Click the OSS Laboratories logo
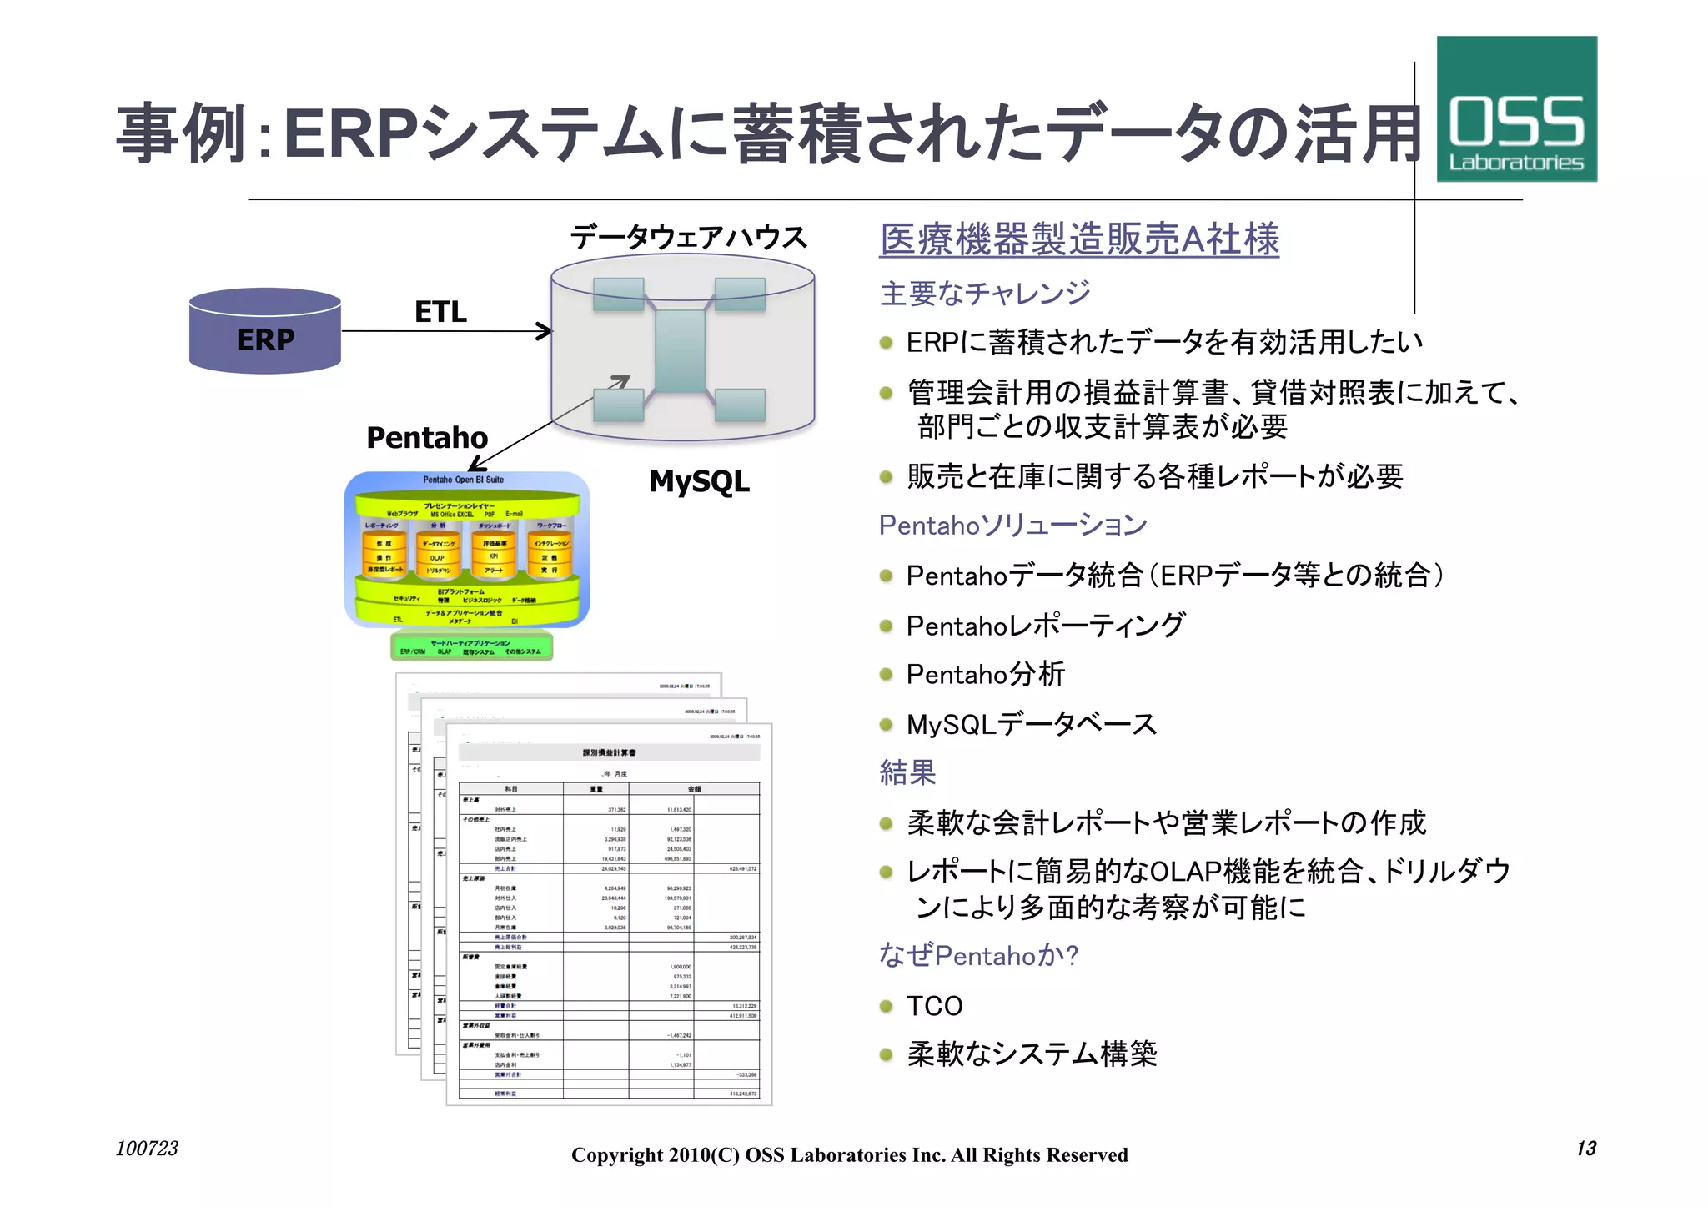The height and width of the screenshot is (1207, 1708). (1515, 109)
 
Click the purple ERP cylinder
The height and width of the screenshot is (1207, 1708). (265, 332)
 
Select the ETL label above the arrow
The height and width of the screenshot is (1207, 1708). (440, 312)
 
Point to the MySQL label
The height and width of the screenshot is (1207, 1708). (699, 481)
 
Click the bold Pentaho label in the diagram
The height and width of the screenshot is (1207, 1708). (427, 438)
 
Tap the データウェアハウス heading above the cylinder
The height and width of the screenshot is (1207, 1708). (689, 238)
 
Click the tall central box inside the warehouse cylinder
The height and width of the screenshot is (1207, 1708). (680, 350)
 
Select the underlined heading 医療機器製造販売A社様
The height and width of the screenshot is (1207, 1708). (1079, 240)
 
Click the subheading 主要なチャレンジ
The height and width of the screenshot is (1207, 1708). (984, 293)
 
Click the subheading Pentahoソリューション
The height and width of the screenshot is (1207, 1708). (1012, 525)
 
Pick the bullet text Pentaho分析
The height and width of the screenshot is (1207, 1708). (985, 674)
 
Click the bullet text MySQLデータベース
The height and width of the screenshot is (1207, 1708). (1031, 724)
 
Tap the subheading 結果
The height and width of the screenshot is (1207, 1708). (907, 772)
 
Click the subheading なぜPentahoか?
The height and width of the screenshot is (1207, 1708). (978, 955)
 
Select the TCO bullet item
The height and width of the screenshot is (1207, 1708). (934, 1006)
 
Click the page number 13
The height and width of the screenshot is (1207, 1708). (1585, 1149)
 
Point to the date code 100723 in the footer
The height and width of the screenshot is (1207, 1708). (147, 1149)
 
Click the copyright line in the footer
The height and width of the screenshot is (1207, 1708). (849, 1155)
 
